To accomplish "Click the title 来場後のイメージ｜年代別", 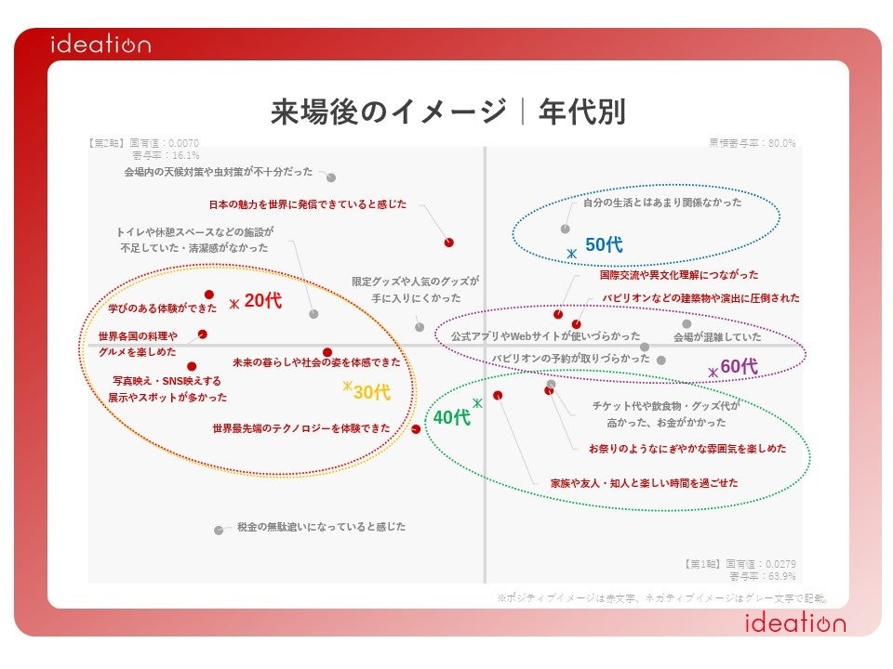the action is click(447, 112).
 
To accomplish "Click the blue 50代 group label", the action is click(604, 245).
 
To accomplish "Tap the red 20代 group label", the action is click(262, 301).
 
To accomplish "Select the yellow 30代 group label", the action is click(371, 393).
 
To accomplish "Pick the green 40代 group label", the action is click(452, 418).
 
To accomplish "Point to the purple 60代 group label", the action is click(739, 367).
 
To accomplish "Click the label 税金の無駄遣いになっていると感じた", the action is click(321, 527).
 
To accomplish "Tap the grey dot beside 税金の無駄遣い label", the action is click(219, 531).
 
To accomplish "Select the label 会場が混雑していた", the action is click(717, 337).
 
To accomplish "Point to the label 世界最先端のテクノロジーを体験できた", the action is click(301, 429).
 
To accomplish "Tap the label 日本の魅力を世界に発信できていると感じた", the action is click(307, 203).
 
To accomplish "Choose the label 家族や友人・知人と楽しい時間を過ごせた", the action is click(644, 483).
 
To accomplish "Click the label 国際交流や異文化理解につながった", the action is click(679, 275).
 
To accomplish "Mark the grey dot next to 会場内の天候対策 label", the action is click(331, 177).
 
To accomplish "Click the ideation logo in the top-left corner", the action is click(100, 45).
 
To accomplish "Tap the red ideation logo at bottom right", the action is click(795, 623).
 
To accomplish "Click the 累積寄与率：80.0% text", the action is click(753, 143).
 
